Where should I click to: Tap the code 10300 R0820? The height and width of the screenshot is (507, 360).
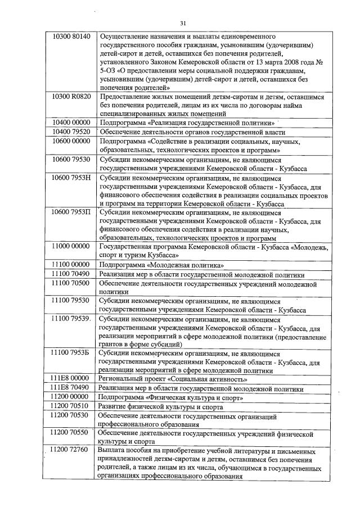71,97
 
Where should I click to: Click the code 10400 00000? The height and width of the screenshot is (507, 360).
71,122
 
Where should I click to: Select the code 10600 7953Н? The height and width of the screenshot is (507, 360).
71,178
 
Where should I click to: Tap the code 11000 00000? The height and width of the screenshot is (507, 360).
71,247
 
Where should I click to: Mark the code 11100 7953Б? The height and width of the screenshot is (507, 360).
71,354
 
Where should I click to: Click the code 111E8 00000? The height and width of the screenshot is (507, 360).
70,379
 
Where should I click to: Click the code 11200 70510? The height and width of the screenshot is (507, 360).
70,406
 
